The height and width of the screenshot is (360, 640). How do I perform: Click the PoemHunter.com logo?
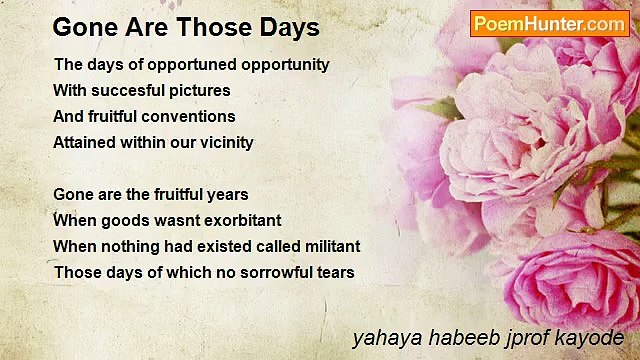coord(549,24)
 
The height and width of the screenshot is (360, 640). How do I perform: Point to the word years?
coord(225,194)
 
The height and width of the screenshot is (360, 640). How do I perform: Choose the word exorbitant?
coord(237,220)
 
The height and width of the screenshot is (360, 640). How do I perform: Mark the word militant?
coord(327,246)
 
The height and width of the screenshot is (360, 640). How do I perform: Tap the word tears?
coord(335,272)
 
